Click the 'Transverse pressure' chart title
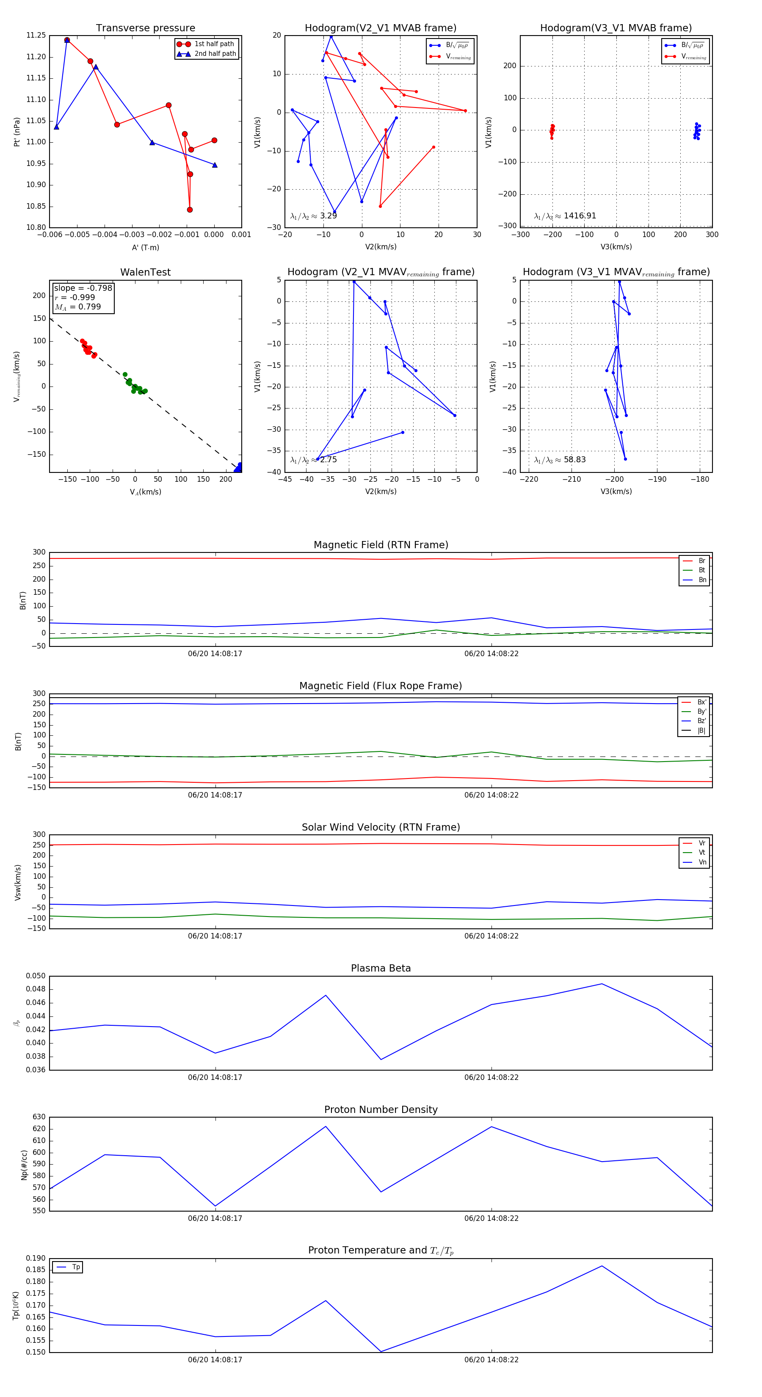pos(145,28)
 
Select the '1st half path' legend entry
pos(214,44)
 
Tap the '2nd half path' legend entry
pos(215,54)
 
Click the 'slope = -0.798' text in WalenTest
pos(83,288)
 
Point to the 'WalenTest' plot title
pos(145,272)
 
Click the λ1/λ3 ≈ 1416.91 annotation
pos(565,216)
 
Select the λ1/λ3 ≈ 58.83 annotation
pos(560,460)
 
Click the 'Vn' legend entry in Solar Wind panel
pos(702,862)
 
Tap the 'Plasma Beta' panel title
pos(381,969)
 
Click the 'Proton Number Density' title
pos(381,1110)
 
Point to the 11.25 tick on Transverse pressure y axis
pos(36,35)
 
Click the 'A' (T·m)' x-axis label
pos(145,247)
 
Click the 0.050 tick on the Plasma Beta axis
pos(36,976)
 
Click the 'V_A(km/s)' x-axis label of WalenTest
pos(145,492)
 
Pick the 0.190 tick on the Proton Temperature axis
pos(36,1258)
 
